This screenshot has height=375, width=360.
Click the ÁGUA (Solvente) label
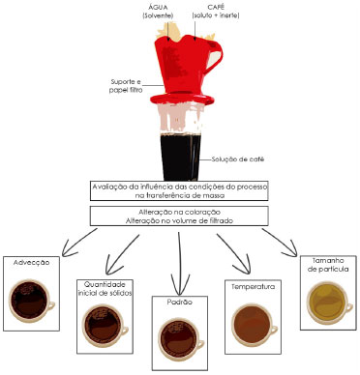tap(158, 12)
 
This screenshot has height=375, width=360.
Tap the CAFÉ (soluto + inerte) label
tap(216, 12)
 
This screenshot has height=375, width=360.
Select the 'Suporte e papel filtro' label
tap(126, 86)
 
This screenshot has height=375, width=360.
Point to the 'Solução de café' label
tap(238, 159)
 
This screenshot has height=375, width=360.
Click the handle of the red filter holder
tap(215, 55)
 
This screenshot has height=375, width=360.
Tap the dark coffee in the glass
tap(180, 157)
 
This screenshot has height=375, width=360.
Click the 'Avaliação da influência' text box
tap(179, 191)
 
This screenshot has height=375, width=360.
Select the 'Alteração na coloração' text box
tap(179, 216)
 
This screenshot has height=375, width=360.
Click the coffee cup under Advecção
tap(31, 301)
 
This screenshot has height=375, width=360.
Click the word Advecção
tap(32, 262)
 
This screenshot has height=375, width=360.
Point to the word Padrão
tap(180, 303)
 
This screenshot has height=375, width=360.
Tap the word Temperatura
tap(254, 286)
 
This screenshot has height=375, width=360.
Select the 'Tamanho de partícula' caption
tap(328, 265)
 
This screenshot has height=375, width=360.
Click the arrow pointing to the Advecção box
tap(78, 243)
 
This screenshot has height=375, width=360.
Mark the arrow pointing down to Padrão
tap(179, 261)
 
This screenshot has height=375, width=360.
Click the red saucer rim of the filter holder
tap(182, 99)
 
